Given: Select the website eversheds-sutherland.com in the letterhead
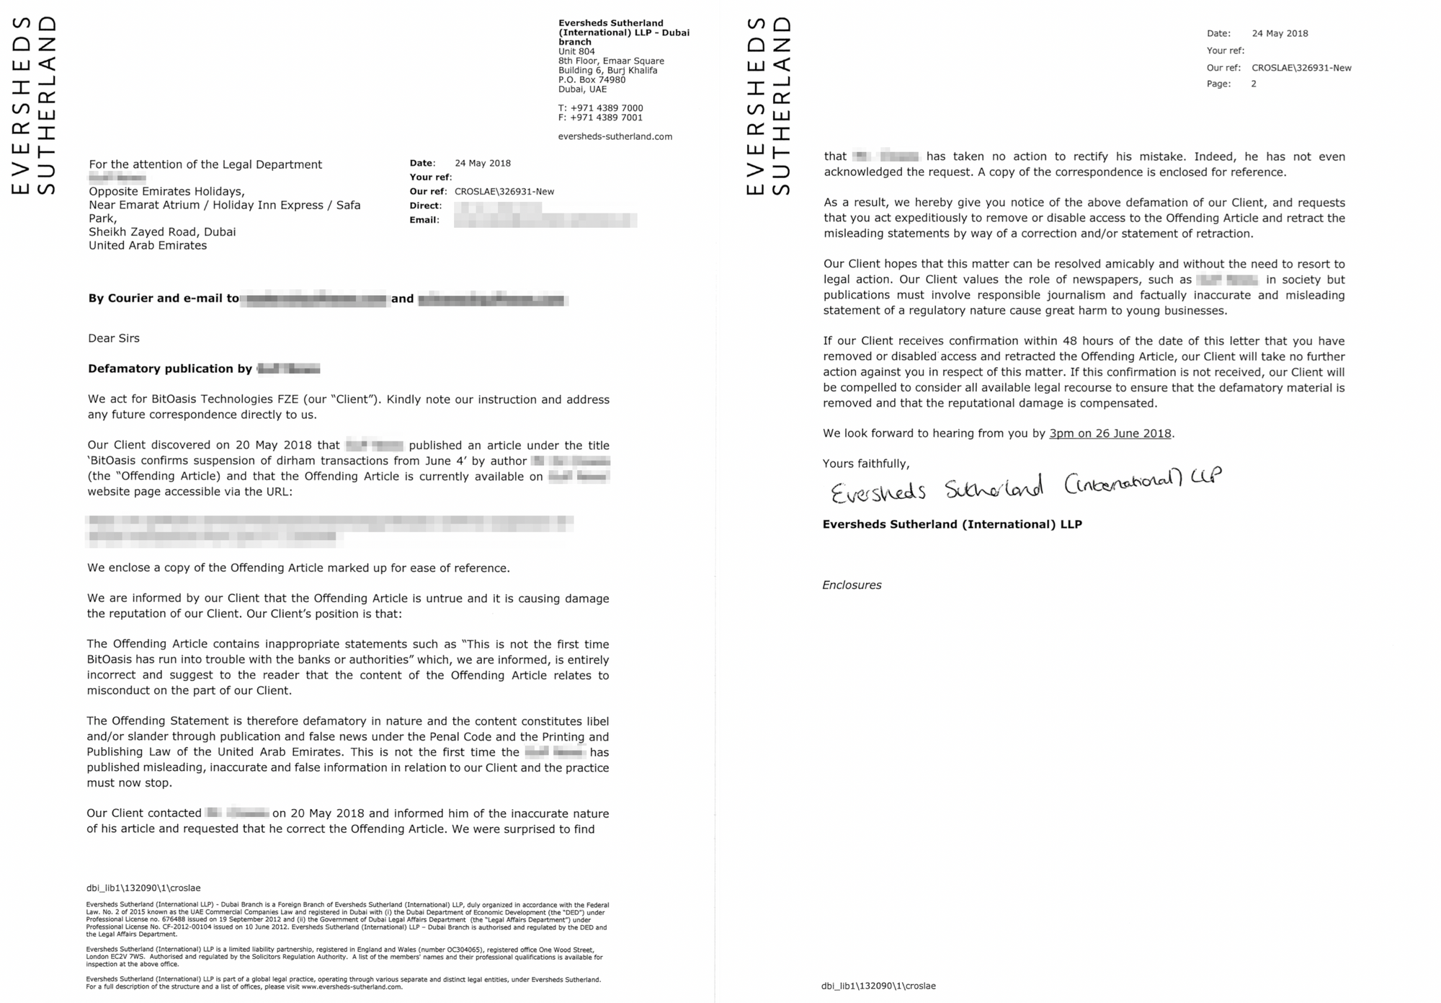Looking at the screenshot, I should [x=615, y=136].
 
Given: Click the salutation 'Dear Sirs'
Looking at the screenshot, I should [x=114, y=338].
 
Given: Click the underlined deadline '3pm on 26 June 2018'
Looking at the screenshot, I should [x=1110, y=433].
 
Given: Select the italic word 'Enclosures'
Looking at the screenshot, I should [x=852, y=585].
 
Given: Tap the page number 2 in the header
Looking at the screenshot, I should [x=1254, y=84].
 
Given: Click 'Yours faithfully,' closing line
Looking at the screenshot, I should [x=866, y=464].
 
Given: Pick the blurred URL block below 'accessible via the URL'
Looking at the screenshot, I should [x=329, y=528].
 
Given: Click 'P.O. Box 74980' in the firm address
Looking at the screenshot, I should [x=592, y=80].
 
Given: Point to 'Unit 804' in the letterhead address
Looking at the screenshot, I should [x=576, y=52].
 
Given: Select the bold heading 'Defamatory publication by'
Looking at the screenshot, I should [x=170, y=369].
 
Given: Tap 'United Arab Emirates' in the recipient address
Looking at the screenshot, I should [x=148, y=245].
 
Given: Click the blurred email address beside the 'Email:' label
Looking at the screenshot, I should [x=545, y=220].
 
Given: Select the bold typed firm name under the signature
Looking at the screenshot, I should [x=952, y=524].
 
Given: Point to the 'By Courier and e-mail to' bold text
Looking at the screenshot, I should [x=164, y=299].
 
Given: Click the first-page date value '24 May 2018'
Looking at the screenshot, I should [x=483, y=163].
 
